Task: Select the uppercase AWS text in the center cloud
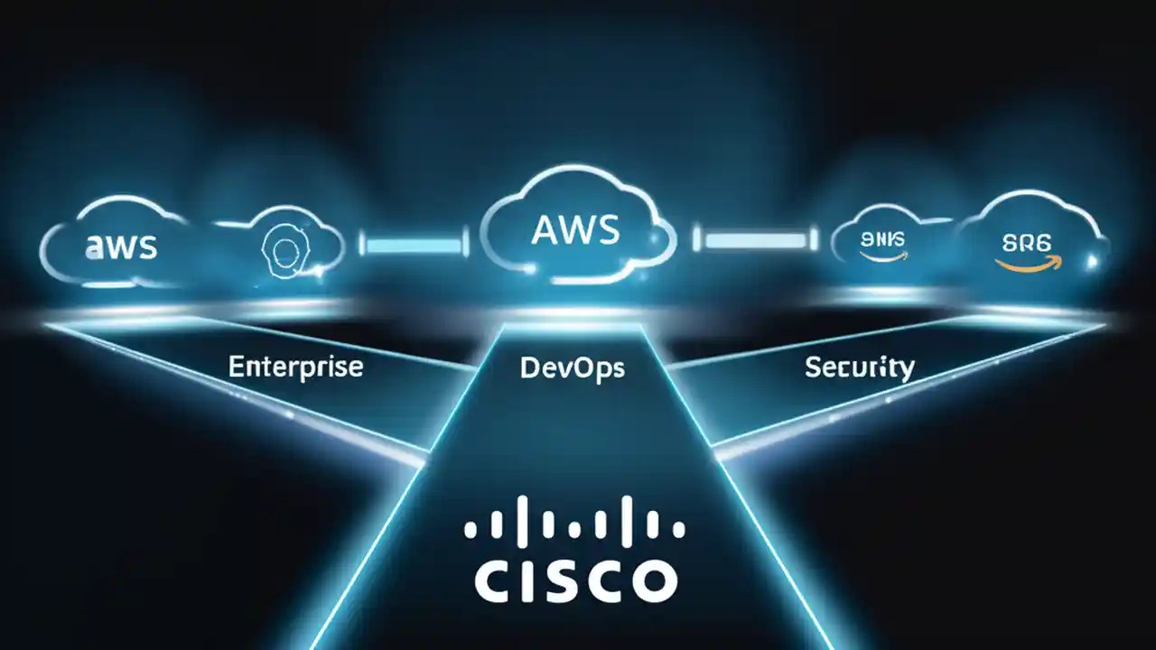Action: pos(576,230)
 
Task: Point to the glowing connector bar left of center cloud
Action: pos(415,241)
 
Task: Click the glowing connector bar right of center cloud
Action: pos(756,240)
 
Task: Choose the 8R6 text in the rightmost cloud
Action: pos(1029,244)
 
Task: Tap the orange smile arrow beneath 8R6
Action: pos(1030,264)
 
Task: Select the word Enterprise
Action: pos(295,367)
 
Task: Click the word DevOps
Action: pos(573,367)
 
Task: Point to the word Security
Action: pos(858,367)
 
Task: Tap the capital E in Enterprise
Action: pos(236,367)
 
